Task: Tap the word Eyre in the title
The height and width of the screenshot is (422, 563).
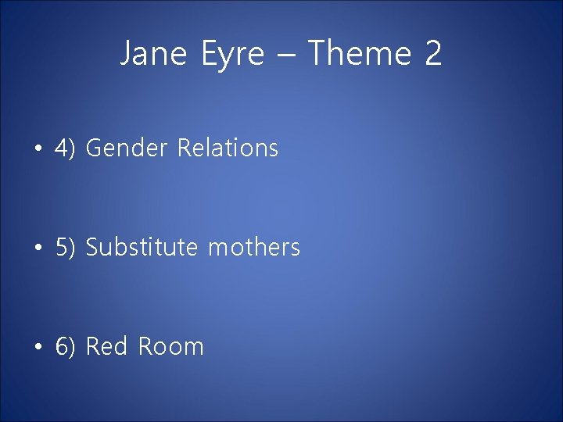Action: [x=232, y=54]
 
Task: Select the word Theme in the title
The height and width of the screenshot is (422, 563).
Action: [x=358, y=54]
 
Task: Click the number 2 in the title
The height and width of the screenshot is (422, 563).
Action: [x=433, y=54]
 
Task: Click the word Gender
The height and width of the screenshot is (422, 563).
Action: [x=127, y=148]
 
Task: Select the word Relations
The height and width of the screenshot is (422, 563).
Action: [x=228, y=148]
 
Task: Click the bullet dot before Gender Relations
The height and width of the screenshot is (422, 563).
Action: [x=38, y=148]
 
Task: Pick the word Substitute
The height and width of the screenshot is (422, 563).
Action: [x=142, y=248]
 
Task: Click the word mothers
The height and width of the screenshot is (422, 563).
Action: [x=254, y=248]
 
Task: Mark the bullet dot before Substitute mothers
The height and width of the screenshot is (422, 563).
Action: [x=38, y=249]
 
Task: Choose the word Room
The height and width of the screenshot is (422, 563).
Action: [x=170, y=346]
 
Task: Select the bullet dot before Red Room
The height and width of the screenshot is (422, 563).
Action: [x=38, y=347]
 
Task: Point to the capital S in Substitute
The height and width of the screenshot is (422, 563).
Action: [x=92, y=248]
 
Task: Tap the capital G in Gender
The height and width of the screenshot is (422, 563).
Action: [x=94, y=148]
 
